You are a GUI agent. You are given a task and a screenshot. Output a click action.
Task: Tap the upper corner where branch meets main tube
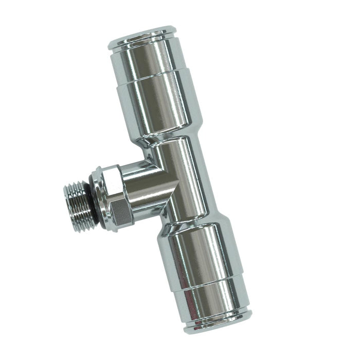point(157,164)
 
